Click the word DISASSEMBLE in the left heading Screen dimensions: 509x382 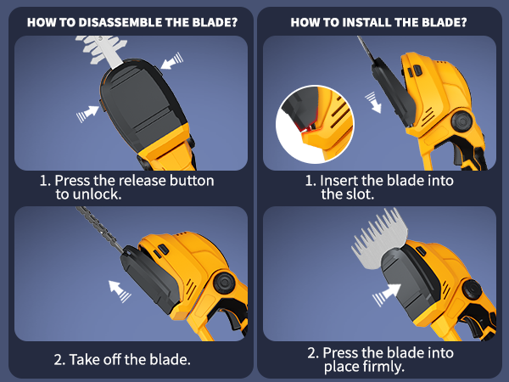click(120, 22)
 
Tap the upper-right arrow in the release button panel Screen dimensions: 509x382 click(171, 61)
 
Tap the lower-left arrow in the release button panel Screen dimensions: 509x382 click(87, 114)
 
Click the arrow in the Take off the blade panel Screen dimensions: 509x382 click(120, 291)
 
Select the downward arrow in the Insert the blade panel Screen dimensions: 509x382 click(373, 103)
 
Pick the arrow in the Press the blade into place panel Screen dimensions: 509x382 click(387, 295)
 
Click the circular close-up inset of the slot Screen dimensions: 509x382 click(315, 124)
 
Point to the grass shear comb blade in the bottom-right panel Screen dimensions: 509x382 click(380, 238)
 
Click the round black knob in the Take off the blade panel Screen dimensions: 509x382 click(224, 283)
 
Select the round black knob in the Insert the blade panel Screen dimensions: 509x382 click(462, 121)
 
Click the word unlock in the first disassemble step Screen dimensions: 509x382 click(97, 194)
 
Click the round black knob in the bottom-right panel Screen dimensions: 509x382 click(473, 289)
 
